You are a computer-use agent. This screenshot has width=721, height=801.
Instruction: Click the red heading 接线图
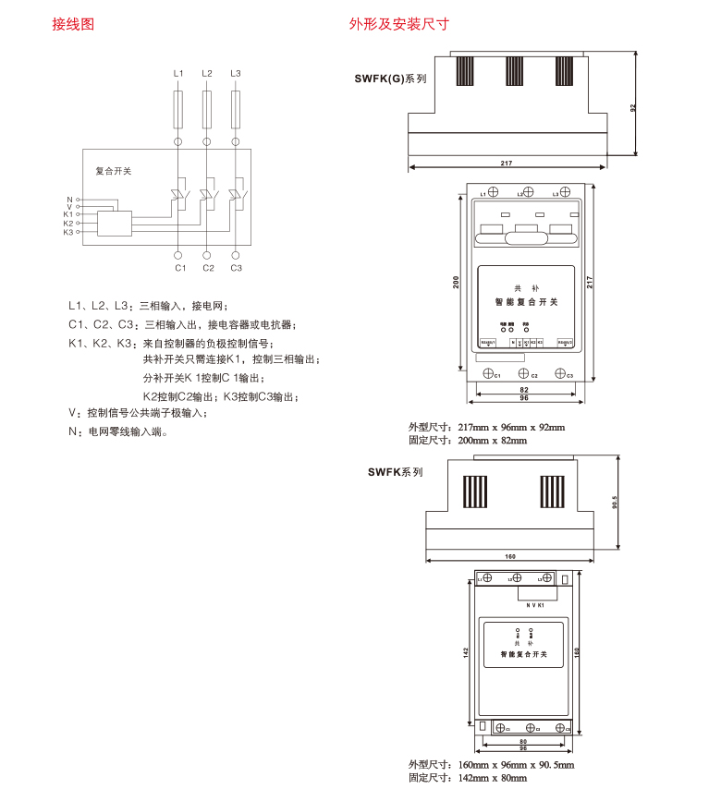[x=73, y=25]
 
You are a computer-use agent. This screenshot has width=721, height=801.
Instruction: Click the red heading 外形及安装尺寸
[x=398, y=25]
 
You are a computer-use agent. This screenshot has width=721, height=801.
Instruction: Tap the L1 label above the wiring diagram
[x=178, y=73]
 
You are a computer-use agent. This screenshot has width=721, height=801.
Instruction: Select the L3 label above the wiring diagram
[x=235, y=73]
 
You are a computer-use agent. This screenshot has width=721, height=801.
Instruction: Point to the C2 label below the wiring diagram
[x=208, y=268]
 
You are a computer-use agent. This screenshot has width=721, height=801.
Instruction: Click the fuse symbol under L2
[x=207, y=109]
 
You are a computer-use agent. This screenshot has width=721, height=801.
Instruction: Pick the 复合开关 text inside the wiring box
[x=114, y=171]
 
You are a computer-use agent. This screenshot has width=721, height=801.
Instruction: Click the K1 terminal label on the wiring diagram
[x=67, y=214]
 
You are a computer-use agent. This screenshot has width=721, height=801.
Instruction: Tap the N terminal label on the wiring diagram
[x=68, y=199]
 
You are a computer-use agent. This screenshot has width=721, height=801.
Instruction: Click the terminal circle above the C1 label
[x=179, y=253]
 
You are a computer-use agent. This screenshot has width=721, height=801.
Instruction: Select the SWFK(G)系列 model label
[x=390, y=79]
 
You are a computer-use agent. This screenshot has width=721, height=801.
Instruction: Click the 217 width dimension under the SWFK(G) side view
[x=507, y=163]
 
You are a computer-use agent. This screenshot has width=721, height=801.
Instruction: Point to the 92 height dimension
[x=633, y=107]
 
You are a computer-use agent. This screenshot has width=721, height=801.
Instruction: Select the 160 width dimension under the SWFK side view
[x=511, y=556]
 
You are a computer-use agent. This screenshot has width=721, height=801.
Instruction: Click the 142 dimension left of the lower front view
[x=468, y=652]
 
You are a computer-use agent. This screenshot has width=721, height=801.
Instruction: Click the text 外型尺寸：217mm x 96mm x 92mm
[x=486, y=428]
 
